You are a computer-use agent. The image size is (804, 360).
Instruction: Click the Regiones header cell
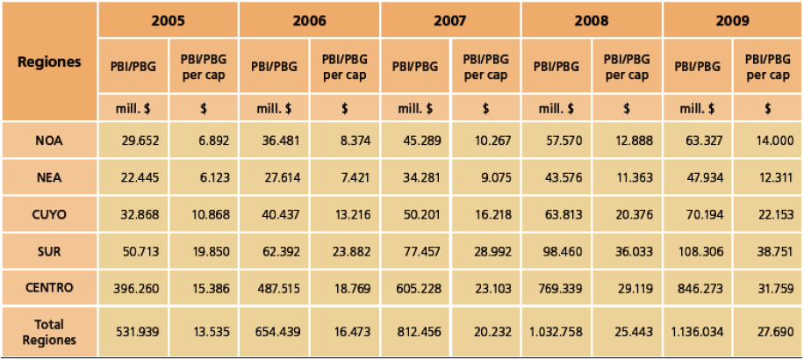click(x=49, y=61)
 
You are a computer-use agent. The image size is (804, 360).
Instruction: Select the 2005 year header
click(x=168, y=19)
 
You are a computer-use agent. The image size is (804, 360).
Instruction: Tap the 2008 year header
click(x=592, y=19)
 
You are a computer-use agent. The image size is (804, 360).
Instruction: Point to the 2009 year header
click(x=732, y=19)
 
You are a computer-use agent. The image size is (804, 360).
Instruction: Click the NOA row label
click(x=49, y=140)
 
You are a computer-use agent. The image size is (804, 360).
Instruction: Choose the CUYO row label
click(x=49, y=214)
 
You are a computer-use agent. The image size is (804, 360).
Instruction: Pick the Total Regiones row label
click(x=49, y=332)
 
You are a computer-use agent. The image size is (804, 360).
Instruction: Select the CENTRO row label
click(x=49, y=288)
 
